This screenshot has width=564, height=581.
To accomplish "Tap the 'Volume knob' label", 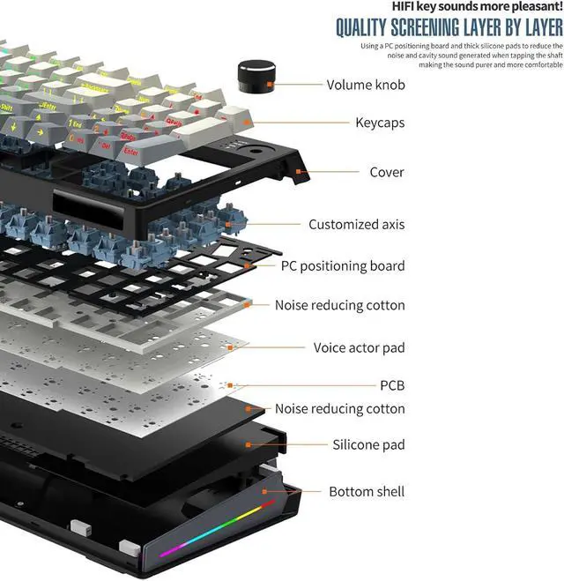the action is (x=366, y=86).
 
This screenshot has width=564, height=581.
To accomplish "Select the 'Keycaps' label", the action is (x=380, y=123).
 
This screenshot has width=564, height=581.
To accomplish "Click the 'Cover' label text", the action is (x=387, y=172).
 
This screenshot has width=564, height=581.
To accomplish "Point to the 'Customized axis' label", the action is (x=356, y=224).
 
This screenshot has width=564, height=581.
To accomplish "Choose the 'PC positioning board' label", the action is (x=343, y=265).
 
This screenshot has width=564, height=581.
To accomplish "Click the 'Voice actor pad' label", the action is (x=359, y=347).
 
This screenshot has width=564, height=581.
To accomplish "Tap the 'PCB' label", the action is (x=390, y=385).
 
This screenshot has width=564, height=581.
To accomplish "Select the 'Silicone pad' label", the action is (x=368, y=444).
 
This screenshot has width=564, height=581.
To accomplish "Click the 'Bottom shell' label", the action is (x=367, y=491).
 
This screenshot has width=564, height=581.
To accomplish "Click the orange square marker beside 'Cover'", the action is (x=299, y=172).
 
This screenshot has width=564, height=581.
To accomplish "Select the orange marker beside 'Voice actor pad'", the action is (x=231, y=347).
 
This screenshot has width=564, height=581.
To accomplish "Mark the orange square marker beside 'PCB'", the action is (x=231, y=385).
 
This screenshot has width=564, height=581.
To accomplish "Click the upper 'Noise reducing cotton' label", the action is (x=339, y=305).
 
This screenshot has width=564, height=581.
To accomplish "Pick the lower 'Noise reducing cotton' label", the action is (x=339, y=408).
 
